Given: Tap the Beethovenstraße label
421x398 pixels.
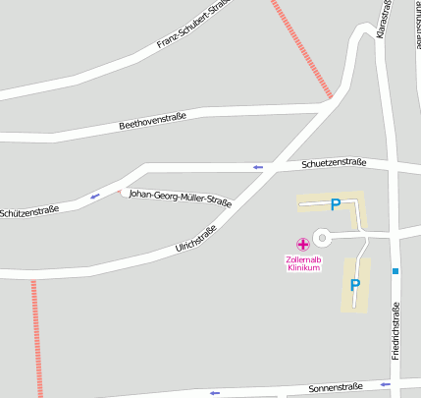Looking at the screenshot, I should [x=152, y=124].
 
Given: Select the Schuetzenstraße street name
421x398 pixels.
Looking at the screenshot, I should [x=334, y=163].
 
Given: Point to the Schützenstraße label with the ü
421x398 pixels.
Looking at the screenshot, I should [x=29, y=211].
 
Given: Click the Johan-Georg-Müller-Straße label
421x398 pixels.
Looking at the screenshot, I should [x=181, y=199].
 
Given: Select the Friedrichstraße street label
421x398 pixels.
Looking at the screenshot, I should [x=395, y=329].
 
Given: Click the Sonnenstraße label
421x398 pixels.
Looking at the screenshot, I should [x=336, y=387].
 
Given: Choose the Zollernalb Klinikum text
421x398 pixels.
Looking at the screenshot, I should [x=302, y=263].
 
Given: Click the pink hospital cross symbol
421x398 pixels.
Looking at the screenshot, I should [x=302, y=243].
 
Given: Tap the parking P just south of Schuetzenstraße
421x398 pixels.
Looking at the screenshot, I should [x=335, y=205].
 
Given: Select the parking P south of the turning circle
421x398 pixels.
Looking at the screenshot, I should [x=355, y=285].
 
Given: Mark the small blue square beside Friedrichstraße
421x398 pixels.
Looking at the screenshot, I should [x=395, y=270].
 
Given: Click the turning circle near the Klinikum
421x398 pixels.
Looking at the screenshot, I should [x=322, y=238].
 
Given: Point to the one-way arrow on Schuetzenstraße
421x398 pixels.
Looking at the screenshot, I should [x=258, y=167].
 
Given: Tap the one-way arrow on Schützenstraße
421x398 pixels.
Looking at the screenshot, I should [x=95, y=197].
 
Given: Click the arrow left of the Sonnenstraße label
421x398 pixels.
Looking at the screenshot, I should [x=213, y=393].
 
